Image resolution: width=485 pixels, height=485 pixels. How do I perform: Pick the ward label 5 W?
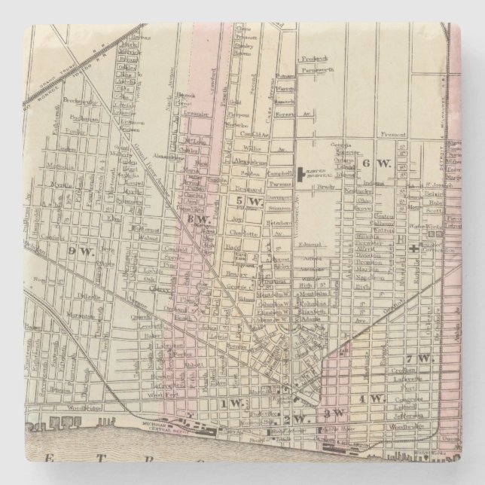tap(248, 201)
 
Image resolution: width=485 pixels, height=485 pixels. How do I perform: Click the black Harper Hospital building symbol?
tap(300, 175)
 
